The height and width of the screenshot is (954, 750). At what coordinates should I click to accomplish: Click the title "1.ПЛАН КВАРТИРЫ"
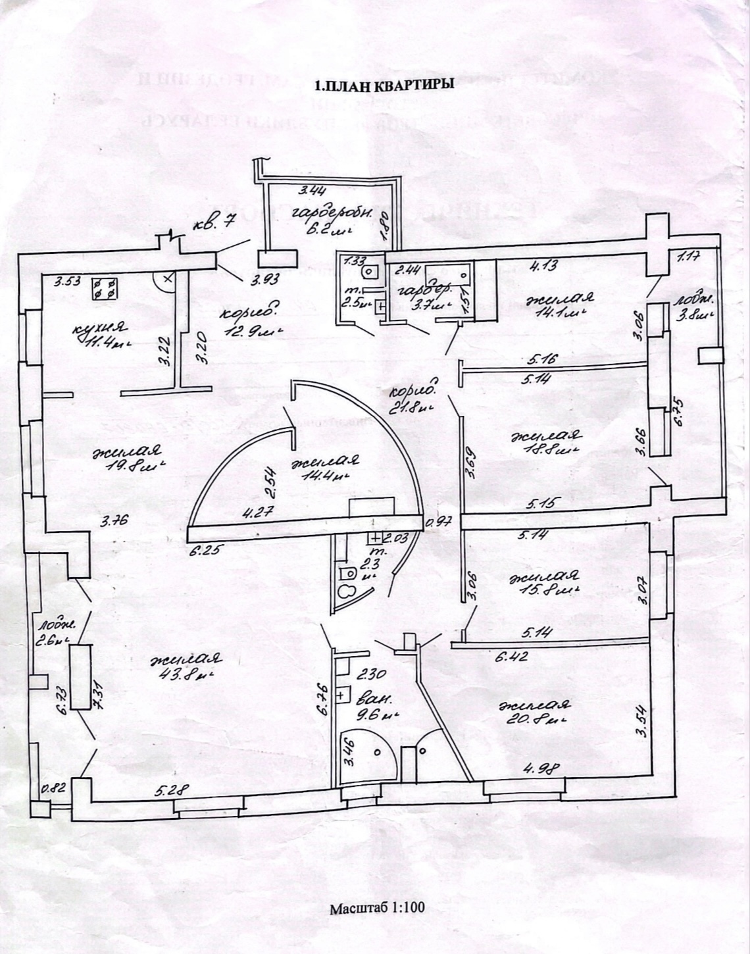(x=384, y=86)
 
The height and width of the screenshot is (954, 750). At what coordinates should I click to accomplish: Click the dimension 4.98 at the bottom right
(x=536, y=767)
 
